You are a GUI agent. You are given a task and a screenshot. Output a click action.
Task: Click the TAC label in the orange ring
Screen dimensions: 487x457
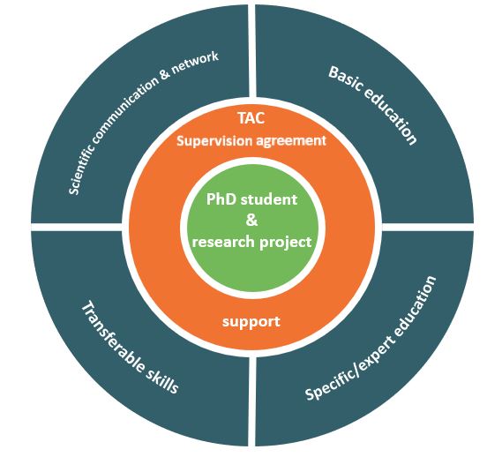click(x=251, y=118)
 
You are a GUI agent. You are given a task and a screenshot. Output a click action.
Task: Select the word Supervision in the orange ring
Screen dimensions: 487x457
click(x=214, y=141)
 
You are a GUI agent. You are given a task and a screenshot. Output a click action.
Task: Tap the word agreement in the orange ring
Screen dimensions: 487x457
click(x=291, y=142)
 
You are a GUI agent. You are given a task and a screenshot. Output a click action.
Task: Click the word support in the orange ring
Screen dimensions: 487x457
click(x=251, y=322)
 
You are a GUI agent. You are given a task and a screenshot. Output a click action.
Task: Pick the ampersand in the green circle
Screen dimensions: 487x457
click(x=251, y=220)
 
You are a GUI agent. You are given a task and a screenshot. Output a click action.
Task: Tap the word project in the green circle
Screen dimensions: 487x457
click(x=286, y=243)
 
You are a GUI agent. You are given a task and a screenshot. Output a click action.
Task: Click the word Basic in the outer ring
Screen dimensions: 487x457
click(x=346, y=79)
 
